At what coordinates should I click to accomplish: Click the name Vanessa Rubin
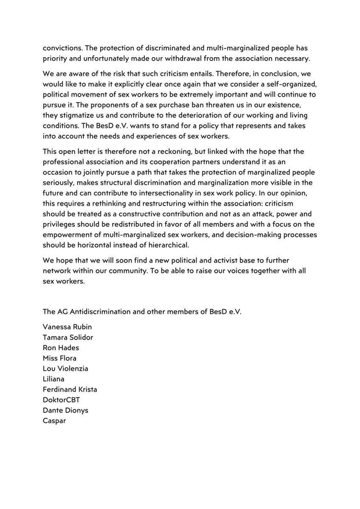tap(67, 327)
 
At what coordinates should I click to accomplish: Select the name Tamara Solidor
tap(68, 338)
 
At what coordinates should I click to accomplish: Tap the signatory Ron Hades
tap(61, 348)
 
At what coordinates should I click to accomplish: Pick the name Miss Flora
tap(59, 358)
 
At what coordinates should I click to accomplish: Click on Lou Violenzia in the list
tap(65, 369)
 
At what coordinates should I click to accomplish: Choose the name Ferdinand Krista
tap(70, 389)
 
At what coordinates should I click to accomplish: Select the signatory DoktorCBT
tap(61, 400)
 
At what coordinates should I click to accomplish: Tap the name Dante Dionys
tap(65, 410)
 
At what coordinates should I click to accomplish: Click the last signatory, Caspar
tap(54, 421)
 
